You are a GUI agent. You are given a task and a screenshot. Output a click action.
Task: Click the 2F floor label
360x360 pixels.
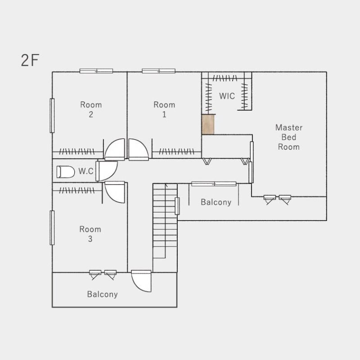click(x=30, y=60)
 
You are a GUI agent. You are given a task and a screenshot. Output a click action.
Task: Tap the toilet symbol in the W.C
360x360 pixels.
click(x=66, y=172)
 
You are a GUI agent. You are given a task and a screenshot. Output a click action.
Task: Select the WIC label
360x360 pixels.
click(x=227, y=96)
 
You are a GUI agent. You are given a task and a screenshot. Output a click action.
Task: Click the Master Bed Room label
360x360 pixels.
click(x=289, y=137)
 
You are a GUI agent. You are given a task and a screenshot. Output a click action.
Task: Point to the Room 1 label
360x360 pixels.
click(x=164, y=109)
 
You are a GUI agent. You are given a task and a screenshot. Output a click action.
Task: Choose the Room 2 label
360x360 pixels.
click(x=91, y=109)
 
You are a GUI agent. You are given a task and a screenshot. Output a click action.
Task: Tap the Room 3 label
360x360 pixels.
click(x=90, y=234)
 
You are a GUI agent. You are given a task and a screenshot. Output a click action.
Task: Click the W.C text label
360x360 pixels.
click(x=86, y=171)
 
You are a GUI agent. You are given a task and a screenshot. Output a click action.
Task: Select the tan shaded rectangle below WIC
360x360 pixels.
click(x=208, y=124)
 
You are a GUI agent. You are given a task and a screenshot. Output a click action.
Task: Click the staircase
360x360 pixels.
click(x=165, y=221)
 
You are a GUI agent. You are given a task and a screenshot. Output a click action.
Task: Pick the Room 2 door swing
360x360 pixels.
click(x=115, y=149)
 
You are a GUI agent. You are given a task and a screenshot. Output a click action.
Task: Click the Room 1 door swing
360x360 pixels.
click(x=139, y=149)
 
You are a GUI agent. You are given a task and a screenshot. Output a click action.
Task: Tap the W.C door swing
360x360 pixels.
click(x=107, y=171)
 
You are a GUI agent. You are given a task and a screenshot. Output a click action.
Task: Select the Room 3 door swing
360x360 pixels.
click(x=115, y=192)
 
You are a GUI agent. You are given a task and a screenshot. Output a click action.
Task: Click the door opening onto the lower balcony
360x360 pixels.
click(x=141, y=281)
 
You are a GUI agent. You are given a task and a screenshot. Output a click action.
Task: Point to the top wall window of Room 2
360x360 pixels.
click(x=96, y=71)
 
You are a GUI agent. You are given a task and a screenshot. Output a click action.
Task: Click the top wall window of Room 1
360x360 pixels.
click(x=159, y=71)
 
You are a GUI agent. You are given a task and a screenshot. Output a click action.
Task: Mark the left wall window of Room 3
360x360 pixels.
click(x=52, y=228)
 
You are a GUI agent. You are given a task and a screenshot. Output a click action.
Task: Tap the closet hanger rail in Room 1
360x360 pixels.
click(x=176, y=152)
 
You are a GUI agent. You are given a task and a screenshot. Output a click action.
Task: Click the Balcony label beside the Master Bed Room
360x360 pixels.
click(x=216, y=202)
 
